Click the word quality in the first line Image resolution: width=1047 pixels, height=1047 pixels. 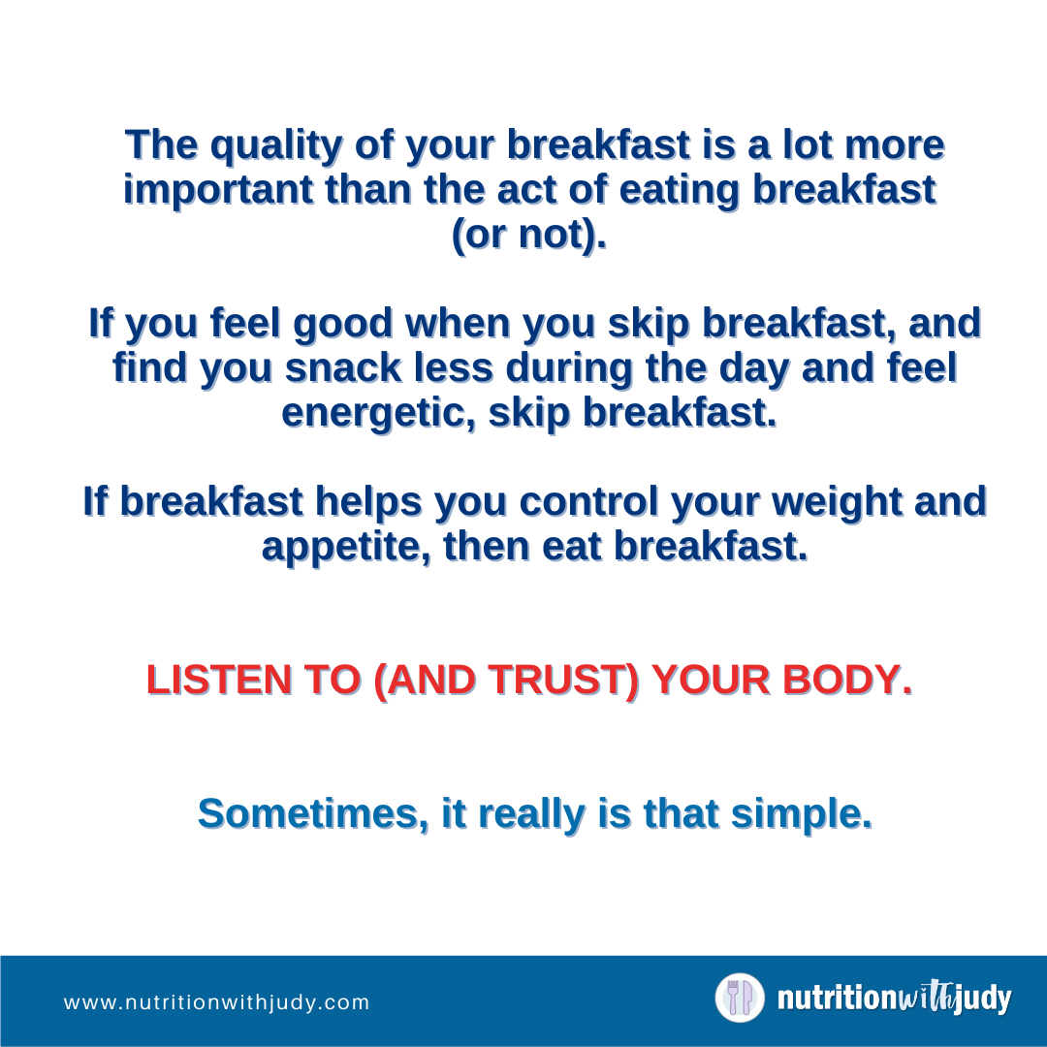pos(276,146)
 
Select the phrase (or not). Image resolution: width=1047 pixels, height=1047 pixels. pos(529,235)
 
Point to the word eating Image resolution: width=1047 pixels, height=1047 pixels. pos(679,192)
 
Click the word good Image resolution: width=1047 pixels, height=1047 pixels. pos(342,325)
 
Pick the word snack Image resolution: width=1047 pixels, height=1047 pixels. pos(343,368)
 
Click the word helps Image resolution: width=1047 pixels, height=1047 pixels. pos(368,503)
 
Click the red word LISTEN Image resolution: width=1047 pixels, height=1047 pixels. pos(219,681)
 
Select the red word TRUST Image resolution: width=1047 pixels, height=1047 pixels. pos(563,682)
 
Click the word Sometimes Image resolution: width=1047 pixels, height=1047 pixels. pos(313,814)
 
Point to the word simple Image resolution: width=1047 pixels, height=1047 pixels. pos(802,815)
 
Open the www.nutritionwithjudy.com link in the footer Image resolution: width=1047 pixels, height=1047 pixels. pos(216,1003)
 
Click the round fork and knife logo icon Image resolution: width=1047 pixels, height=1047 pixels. pos(740,999)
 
